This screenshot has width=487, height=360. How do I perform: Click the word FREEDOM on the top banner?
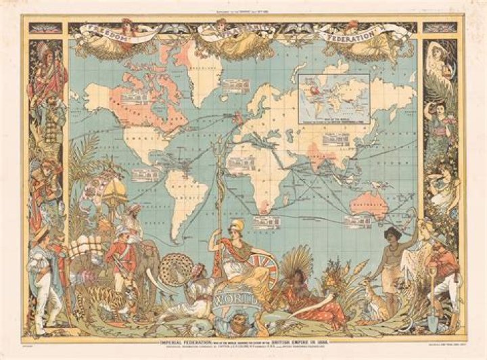101,31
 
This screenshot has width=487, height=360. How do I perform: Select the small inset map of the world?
334,99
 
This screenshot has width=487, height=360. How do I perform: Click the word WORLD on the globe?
233,298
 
